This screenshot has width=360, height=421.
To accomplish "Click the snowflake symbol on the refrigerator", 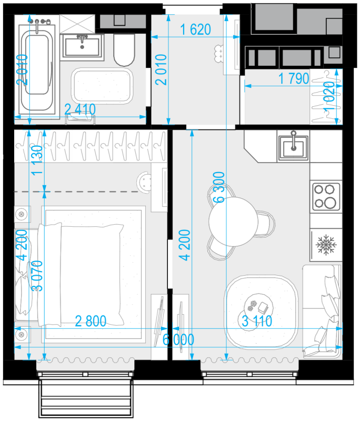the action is (x=326, y=245).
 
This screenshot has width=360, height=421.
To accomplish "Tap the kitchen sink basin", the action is (x=293, y=148).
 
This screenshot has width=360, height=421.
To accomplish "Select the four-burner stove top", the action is (x=326, y=196).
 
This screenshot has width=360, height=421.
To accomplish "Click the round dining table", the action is (x=233, y=222).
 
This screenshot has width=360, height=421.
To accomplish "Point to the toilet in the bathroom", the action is (x=124, y=49).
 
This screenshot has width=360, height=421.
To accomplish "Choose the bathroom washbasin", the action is (x=82, y=47).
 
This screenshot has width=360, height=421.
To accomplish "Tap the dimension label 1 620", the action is (x=195, y=29).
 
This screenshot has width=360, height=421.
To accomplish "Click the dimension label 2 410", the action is (x=80, y=109).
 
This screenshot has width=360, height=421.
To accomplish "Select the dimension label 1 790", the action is (x=294, y=78).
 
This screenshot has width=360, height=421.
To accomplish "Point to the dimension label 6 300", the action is (x=219, y=187).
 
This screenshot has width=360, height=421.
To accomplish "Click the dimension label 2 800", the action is (x=91, y=321).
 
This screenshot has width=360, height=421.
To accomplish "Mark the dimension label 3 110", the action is (x=257, y=321).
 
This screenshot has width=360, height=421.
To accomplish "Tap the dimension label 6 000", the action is (x=178, y=339).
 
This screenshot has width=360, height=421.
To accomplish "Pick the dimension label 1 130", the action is (x=37, y=161).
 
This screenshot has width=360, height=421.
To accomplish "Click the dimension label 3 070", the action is (x=37, y=276).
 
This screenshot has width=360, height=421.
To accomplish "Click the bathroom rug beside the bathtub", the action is (x=102, y=86).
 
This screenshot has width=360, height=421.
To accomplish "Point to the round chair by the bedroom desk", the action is (x=144, y=182).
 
